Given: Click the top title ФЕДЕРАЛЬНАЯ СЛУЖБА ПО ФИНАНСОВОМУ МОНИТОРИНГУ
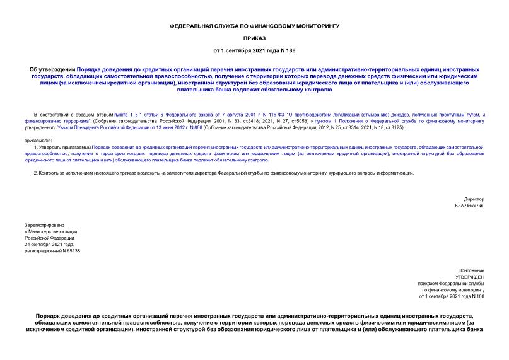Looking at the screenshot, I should (x=254, y=26).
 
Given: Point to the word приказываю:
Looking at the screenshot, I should (x=38, y=140).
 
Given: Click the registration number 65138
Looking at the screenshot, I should (x=71, y=251).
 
